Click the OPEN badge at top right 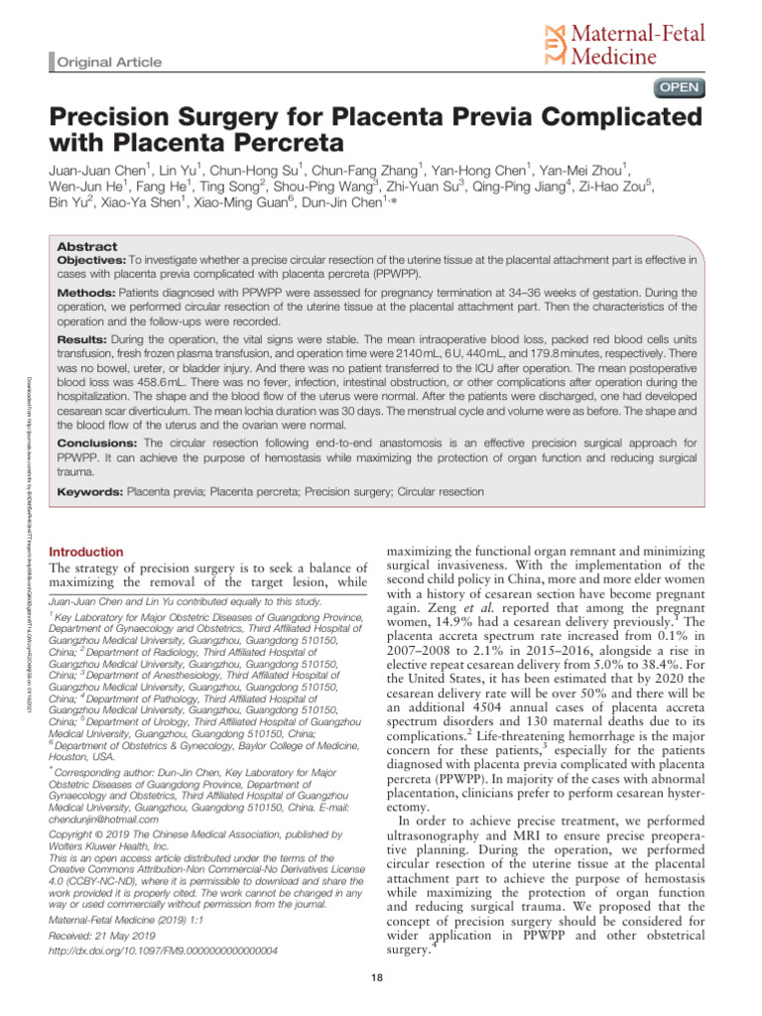click(x=678, y=87)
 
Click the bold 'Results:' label click(x=84, y=339)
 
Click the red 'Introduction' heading click(x=86, y=552)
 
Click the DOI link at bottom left click(x=163, y=951)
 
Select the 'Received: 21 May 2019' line click(x=106, y=934)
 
